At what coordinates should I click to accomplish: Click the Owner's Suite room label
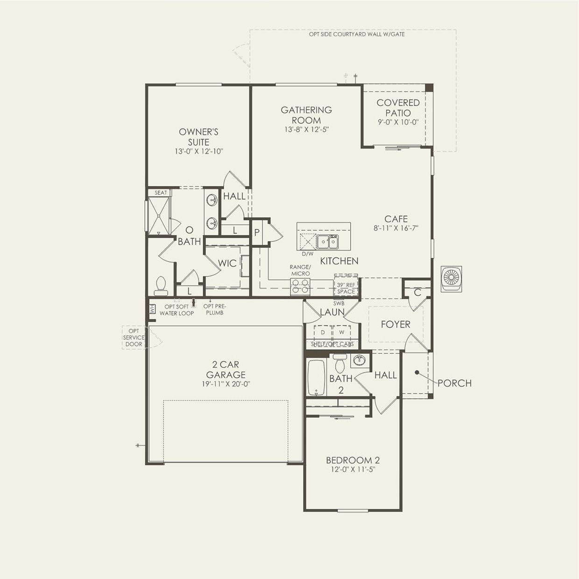198,137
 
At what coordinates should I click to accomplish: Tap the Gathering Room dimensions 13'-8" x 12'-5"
306,130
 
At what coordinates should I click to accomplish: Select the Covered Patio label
398,107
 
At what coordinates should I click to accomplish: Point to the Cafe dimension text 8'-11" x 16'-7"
396,228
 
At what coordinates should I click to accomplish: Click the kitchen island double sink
327,242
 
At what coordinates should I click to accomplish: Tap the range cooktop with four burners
300,286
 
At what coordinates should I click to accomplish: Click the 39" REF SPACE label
346,288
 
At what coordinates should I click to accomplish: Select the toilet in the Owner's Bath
160,286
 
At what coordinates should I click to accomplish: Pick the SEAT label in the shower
161,193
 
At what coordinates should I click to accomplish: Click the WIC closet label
227,263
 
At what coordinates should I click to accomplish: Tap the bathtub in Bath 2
317,377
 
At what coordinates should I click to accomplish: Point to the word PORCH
454,383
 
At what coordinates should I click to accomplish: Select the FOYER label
395,325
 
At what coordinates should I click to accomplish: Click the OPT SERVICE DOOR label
134,338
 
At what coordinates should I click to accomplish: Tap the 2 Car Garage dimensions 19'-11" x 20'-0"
226,384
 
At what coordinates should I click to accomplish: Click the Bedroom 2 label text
353,460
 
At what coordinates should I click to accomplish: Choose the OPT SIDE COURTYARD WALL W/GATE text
357,35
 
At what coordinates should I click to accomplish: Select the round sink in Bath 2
359,360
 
